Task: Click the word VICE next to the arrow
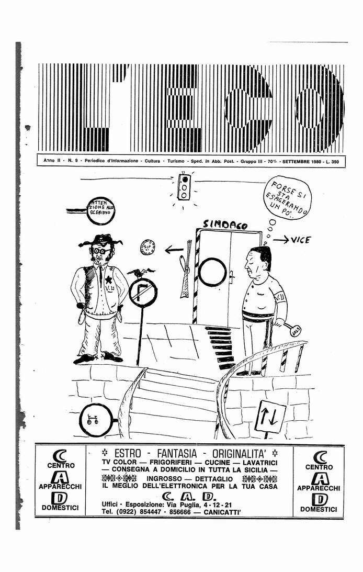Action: [x=300, y=240]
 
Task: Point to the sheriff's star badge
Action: [x=108, y=280]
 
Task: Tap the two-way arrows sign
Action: [x=270, y=418]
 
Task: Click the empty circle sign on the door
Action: [x=212, y=272]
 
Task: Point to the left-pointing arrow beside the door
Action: [x=174, y=250]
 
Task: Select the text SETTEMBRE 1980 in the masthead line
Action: [x=301, y=162]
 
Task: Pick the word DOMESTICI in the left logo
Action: [x=60, y=507]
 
